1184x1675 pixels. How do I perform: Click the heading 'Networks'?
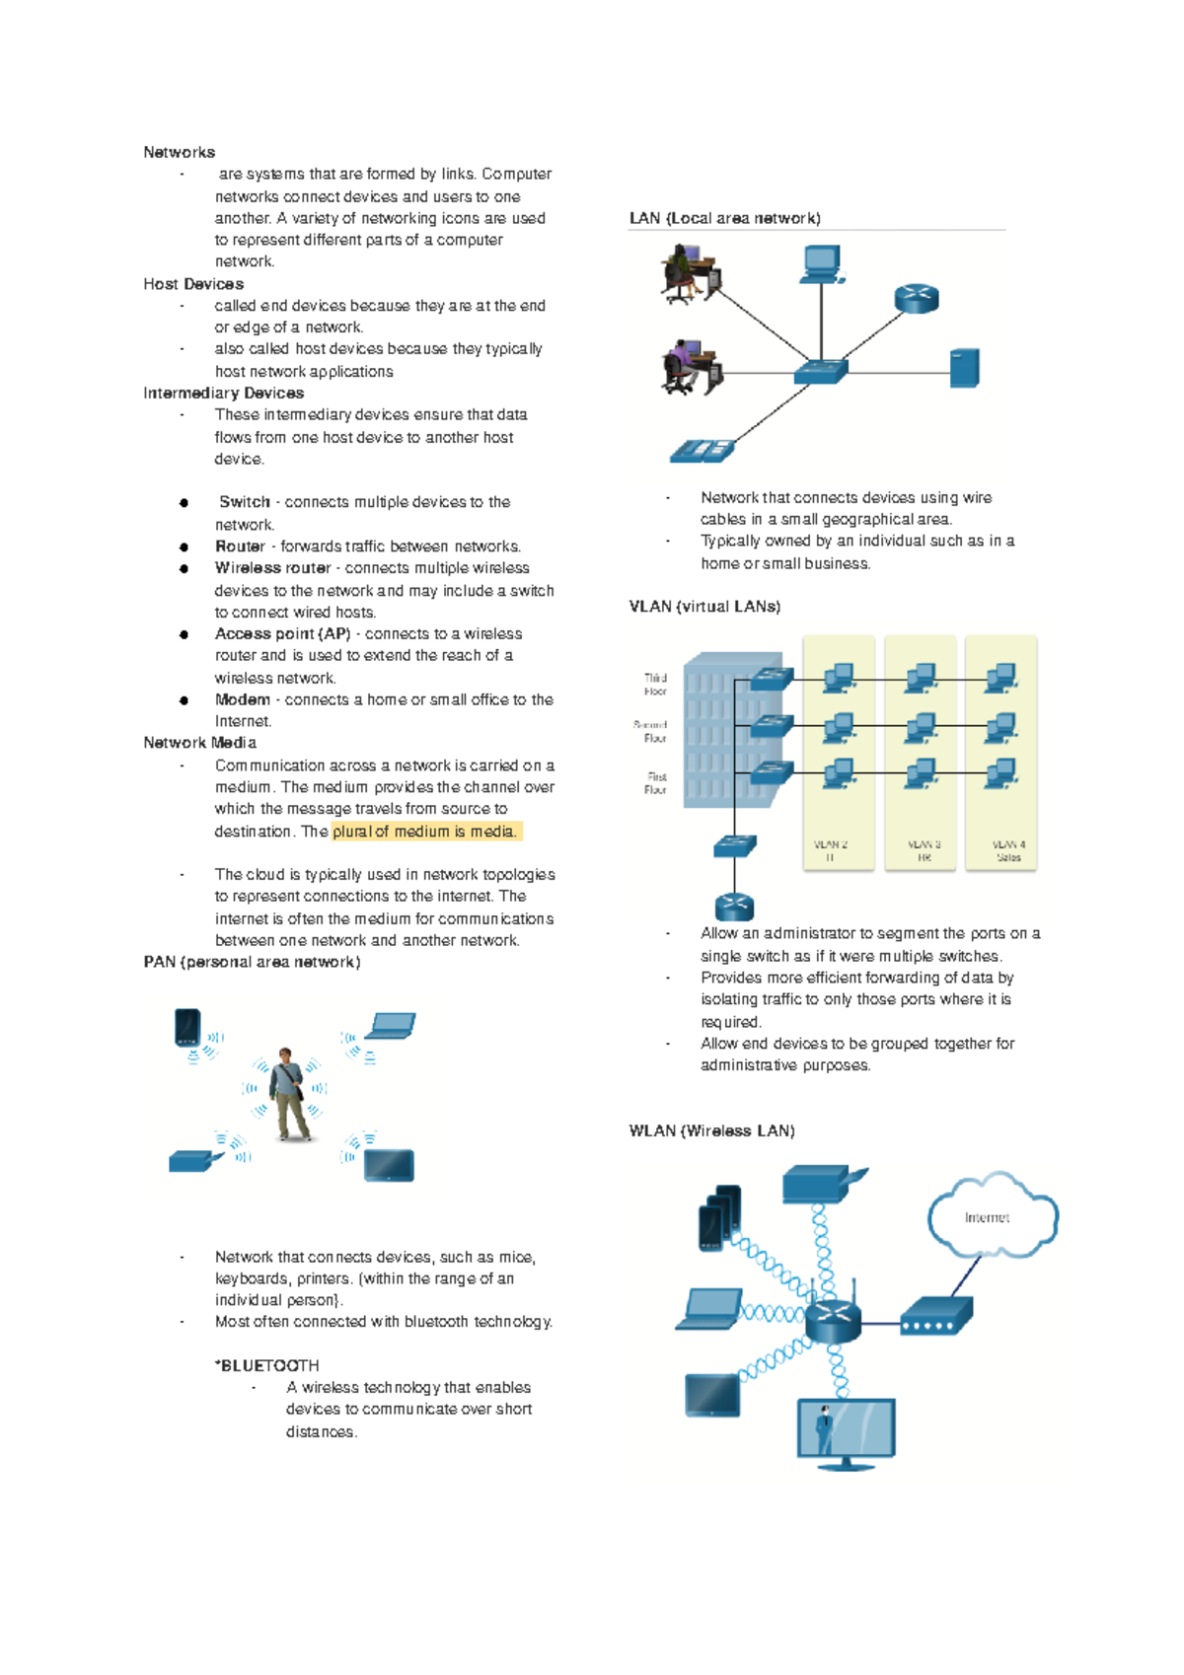[179, 152]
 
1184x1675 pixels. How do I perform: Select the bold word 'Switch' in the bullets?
[244, 502]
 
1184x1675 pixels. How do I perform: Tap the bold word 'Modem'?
[242, 699]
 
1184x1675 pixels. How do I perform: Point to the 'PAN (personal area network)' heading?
[252, 962]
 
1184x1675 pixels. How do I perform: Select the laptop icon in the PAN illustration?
[391, 1026]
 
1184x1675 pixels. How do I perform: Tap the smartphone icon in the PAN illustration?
[187, 1027]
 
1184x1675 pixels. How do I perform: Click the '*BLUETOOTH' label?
[267, 1365]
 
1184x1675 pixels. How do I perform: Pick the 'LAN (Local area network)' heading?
[724, 218]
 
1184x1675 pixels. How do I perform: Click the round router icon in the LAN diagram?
[917, 298]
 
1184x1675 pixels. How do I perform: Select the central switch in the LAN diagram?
[821, 372]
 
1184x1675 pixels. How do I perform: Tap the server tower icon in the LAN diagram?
[964, 368]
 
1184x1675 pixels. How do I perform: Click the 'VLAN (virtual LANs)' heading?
[704, 607]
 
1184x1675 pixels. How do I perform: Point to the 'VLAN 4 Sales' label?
[1008, 851]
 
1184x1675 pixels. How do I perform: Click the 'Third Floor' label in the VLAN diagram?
[655, 685]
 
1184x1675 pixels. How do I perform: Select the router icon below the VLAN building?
[734, 907]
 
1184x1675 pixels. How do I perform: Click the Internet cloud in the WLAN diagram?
[991, 1216]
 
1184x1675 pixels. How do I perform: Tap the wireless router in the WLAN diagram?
[834, 1317]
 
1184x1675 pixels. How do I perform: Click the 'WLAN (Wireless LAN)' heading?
[711, 1130]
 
